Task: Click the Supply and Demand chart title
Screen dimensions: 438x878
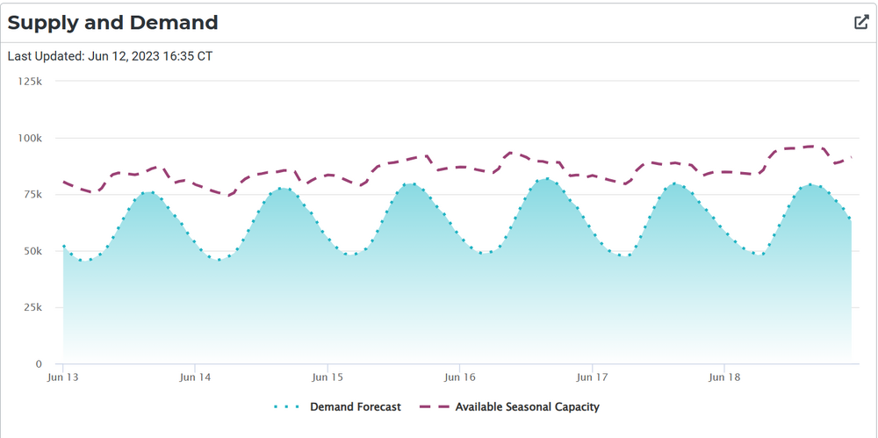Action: (x=113, y=23)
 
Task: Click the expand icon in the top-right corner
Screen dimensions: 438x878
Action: (x=861, y=23)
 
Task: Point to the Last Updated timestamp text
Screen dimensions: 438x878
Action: (x=111, y=56)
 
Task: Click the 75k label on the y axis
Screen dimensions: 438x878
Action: (x=32, y=194)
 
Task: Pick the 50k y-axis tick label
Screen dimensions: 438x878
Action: (x=32, y=251)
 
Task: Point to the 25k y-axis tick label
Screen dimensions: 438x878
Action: (x=32, y=307)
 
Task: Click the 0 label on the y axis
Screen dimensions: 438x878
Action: (x=39, y=364)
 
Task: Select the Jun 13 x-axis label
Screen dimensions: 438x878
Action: (x=63, y=377)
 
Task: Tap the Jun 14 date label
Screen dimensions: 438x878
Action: (x=195, y=377)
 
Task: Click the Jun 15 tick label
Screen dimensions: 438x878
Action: (x=327, y=377)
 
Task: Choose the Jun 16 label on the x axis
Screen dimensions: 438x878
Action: (x=459, y=377)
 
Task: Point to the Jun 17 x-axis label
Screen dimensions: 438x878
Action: (x=592, y=377)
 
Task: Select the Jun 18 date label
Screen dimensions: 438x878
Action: (x=723, y=377)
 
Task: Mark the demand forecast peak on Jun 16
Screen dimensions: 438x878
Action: (x=547, y=179)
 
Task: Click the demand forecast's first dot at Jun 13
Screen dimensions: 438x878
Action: (x=63, y=247)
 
